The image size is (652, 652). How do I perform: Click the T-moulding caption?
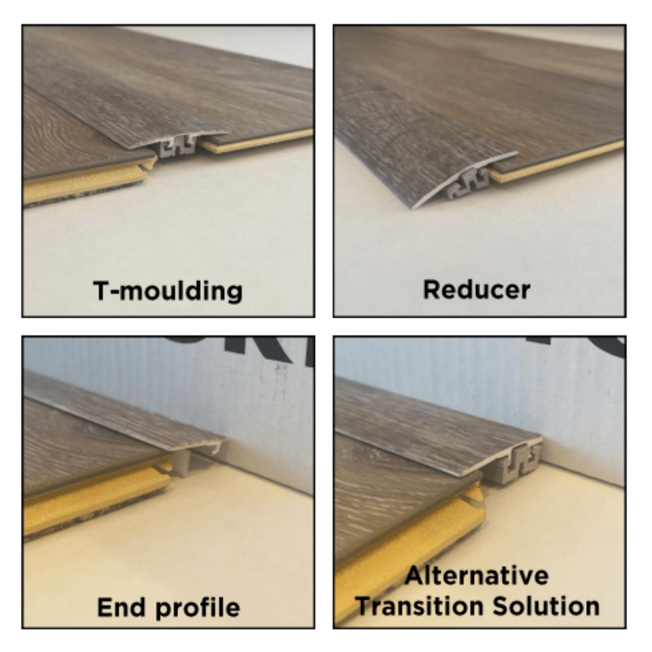tap(168, 291)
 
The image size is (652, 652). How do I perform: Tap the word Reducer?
tap(477, 289)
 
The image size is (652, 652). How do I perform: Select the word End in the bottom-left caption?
tap(121, 608)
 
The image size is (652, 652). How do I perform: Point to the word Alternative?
tap(477, 576)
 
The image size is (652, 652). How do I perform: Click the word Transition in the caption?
tap(421, 606)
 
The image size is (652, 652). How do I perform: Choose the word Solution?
tap(546, 606)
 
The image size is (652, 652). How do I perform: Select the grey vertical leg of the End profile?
tap(182, 463)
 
